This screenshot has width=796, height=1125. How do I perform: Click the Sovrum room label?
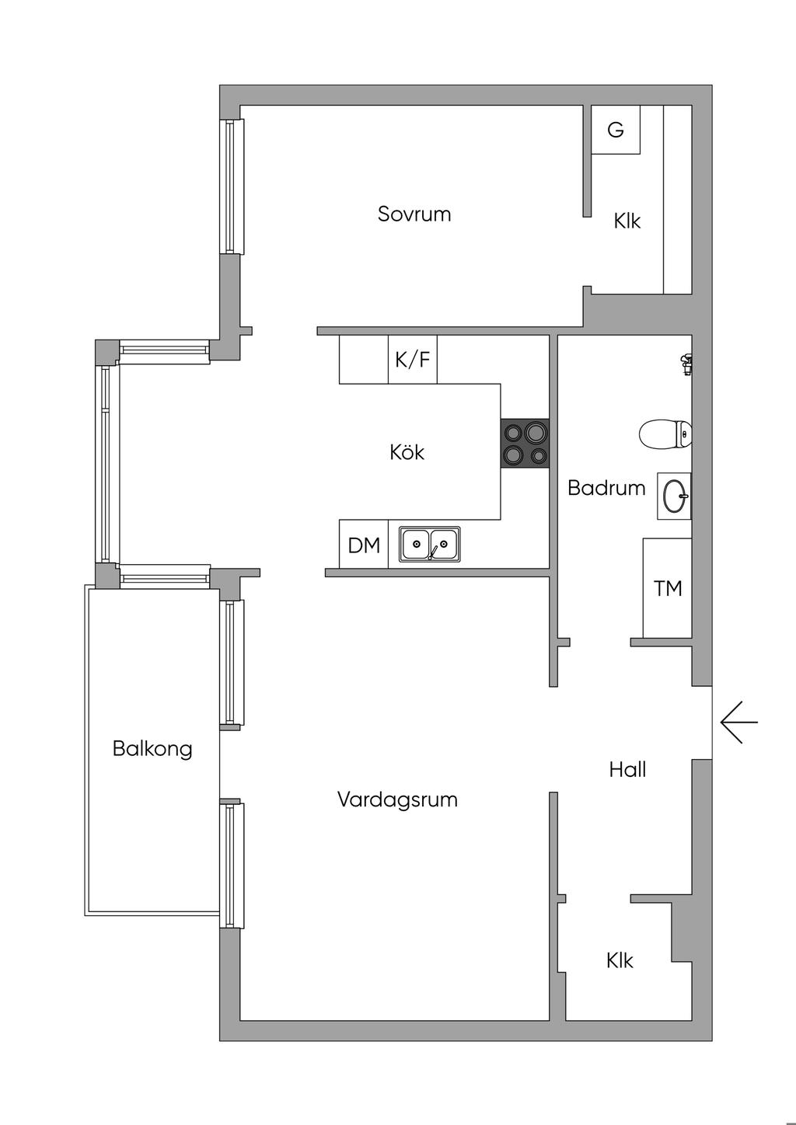pos(414,214)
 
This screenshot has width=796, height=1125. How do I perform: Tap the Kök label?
pos(407,452)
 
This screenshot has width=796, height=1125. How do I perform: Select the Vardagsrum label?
pos(397,799)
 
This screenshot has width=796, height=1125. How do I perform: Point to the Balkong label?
pos(152,749)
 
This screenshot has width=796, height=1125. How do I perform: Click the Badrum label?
pos(606,488)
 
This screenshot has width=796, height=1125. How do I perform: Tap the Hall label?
pos(627,770)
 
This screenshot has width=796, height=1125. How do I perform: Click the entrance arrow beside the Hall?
pos(738,723)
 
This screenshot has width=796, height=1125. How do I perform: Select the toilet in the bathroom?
pos(665,434)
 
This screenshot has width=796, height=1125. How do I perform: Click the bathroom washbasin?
pos(675,496)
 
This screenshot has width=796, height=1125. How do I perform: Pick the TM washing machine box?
pos(668,588)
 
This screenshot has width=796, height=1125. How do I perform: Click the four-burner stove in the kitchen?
pos(525,444)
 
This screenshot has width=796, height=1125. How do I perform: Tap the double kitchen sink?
pos(430,544)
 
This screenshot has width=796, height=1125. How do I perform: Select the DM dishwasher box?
pos(364,545)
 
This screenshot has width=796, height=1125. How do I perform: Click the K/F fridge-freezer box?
pos(412,360)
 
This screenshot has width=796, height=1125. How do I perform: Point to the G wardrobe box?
pos(616,130)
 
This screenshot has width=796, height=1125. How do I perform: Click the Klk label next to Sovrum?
pos(627,221)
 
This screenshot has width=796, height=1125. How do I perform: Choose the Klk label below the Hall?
pos(620,961)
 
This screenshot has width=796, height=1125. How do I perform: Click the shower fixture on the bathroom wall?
pos(686,363)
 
